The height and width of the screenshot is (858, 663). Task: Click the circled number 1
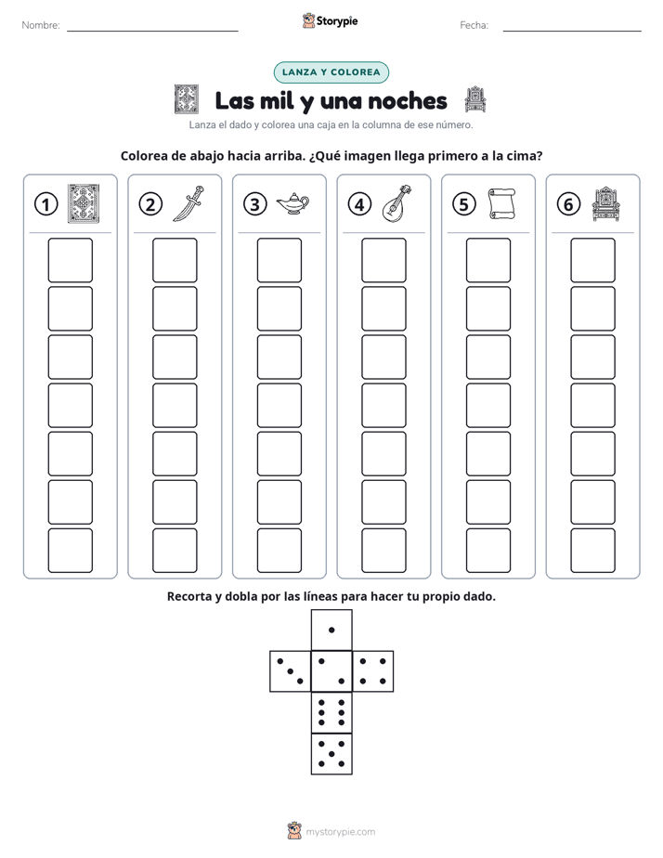click(x=45, y=204)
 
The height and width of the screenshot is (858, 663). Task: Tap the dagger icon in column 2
click(x=188, y=203)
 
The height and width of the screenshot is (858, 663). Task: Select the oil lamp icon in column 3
click(x=292, y=204)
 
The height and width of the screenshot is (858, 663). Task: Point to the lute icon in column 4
click(x=396, y=203)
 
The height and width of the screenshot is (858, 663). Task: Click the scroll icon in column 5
click(x=501, y=204)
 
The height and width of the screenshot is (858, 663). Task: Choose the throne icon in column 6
click(x=605, y=204)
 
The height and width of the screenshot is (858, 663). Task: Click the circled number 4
click(x=359, y=204)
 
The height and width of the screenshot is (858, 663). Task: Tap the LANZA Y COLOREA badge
click(x=331, y=72)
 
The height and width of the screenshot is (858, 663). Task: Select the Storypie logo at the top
click(x=331, y=21)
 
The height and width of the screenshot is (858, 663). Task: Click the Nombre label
click(x=41, y=25)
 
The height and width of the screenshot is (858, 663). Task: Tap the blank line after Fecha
click(x=572, y=31)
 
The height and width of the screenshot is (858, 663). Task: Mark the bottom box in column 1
click(x=70, y=551)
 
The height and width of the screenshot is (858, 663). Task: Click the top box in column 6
click(x=593, y=260)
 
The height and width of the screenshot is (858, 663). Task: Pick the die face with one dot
click(x=331, y=630)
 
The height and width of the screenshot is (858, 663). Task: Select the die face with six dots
click(x=331, y=712)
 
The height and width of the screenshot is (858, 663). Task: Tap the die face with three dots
click(x=290, y=670)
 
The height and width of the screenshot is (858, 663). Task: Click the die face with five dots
click(x=331, y=754)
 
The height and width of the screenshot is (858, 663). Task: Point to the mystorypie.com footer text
click(x=340, y=832)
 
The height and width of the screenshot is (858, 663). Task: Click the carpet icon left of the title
click(x=187, y=99)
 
